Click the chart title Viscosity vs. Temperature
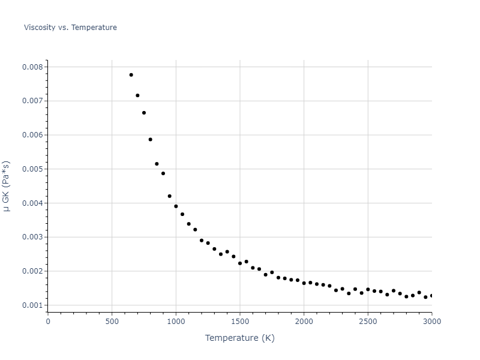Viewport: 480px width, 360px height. click(x=70, y=28)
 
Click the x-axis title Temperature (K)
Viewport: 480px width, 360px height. click(x=239, y=338)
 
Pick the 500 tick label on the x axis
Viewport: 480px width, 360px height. click(x=112, y=322)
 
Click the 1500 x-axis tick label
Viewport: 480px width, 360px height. click(x=239, y=322)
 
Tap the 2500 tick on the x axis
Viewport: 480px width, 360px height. click(x=368, y=322)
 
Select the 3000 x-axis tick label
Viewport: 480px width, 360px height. click(x=431, y=322)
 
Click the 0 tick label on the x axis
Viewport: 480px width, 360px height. click(x=48, y=322)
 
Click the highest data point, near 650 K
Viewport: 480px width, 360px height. click(x=131, y=75)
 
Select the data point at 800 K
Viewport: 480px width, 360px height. click(x=150, y=139)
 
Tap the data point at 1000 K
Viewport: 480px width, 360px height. click(x=176, y=206)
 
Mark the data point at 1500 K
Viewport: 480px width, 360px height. click(x=240, y=263)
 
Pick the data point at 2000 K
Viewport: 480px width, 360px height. click(x=304, y=283)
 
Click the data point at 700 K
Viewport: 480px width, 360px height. click(x=137, y=95)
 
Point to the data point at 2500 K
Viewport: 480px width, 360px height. click(x=368, y=289)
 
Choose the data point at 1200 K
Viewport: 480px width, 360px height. click(x=202, y=241)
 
